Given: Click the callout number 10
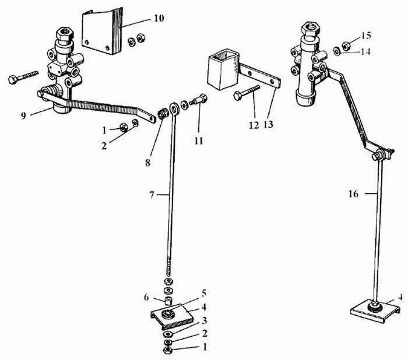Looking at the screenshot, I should click(x=159, y=19).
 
